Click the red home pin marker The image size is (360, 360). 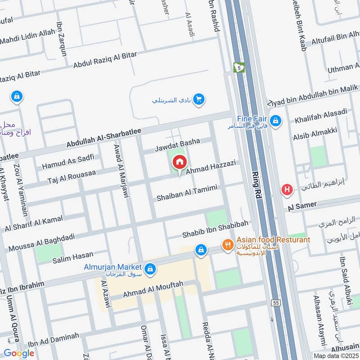click(180, 162)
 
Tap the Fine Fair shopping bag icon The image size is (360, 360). click(276, 121)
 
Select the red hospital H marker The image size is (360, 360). click(287, 190)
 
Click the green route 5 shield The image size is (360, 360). click(238, 67)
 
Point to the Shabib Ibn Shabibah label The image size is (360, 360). click(215, 231)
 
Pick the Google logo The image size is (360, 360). click(18, 353)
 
